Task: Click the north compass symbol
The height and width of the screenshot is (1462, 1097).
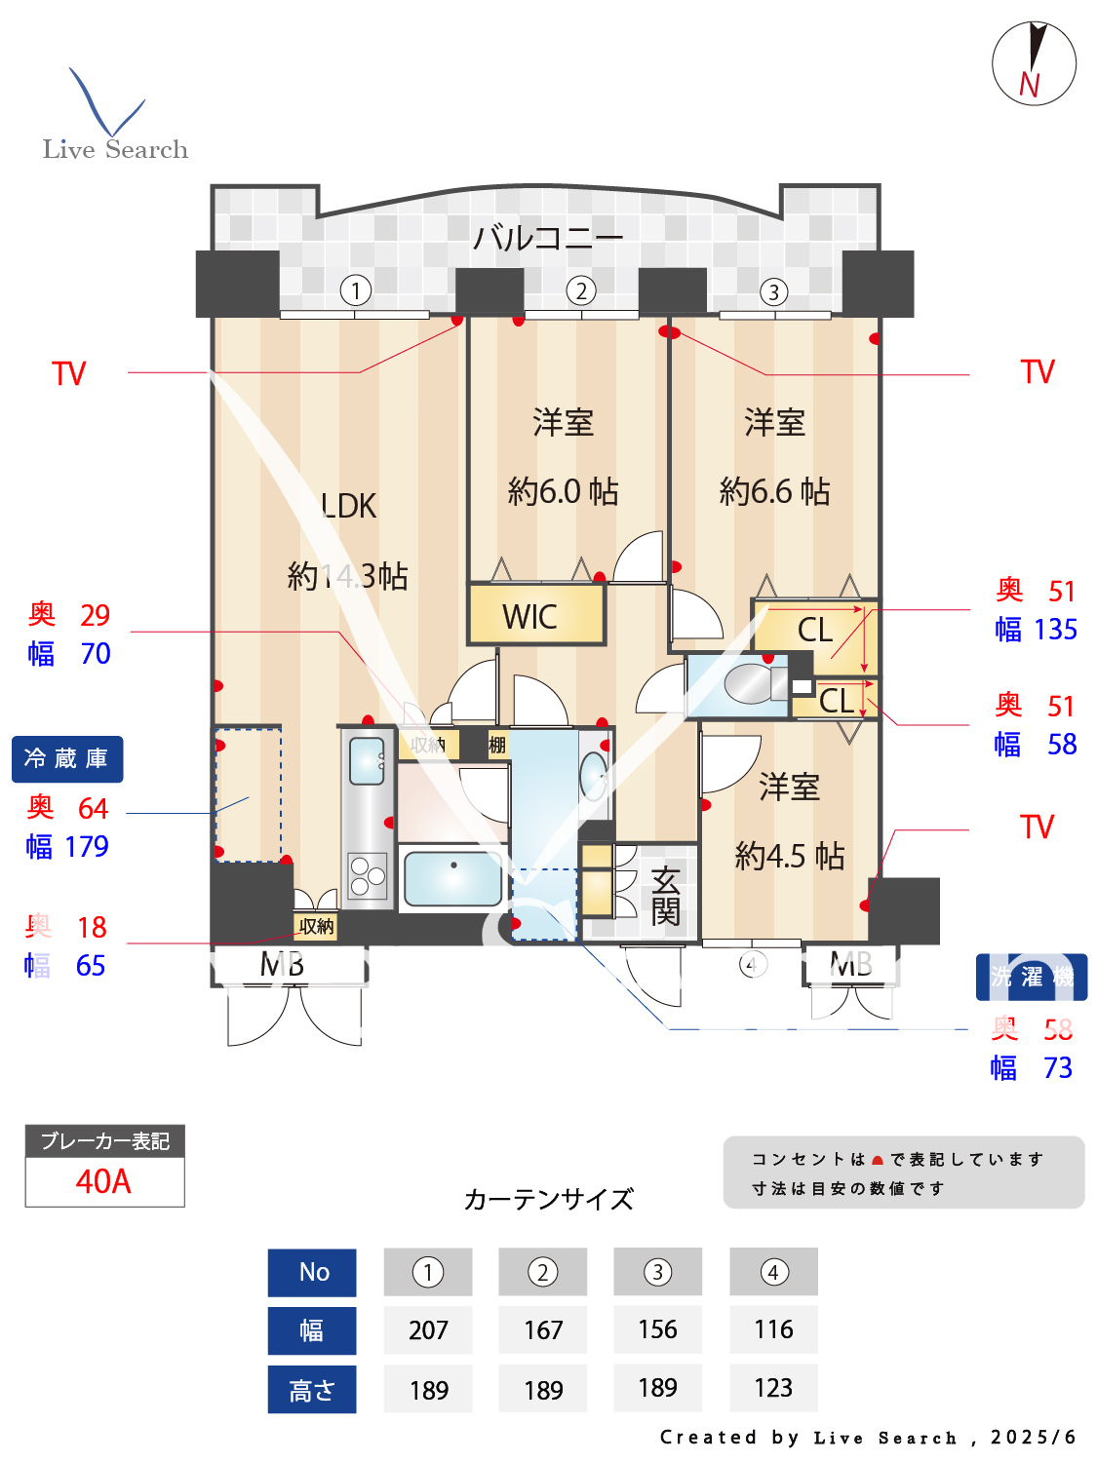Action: pyautogui.click(x=1034, y=63)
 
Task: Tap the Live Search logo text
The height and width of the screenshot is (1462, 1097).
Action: pyautogui.click(x=115, y=149)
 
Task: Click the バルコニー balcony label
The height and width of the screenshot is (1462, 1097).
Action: pyautogui.click(x=547, y=237)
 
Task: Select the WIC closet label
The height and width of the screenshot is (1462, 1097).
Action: pyautogui.click(x=530, y=617)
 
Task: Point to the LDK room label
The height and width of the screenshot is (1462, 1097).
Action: pyautogui.click(x=348, y=506)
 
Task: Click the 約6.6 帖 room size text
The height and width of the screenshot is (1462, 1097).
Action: pyautogui.click(x=774, y=491)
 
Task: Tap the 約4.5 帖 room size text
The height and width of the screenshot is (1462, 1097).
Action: pyautogui.click(x=789, y=856)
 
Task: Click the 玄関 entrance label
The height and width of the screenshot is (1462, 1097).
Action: pyautogui.click(x=665, y=896)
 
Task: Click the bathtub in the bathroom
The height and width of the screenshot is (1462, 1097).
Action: pyautogui.click(x=452, y=878)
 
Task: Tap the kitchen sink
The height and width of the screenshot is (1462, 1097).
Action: pyautogui.click(x=368, y=760)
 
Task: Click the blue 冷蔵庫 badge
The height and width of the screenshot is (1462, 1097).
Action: pyautogui.click(x=67, y=758)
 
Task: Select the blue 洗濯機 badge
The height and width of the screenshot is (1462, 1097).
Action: pyautogui.click(x=1031, y=977)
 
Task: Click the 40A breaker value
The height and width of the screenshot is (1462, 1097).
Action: pyautogui.click(x=103, y=1181)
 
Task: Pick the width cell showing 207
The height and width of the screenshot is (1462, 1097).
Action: pyautogui.click(x=428, y=1329)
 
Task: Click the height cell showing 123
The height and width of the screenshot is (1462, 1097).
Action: pyautogui.click(x=773, y=1388)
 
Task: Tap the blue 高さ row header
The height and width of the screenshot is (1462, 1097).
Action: pyautogui.click(x=312, y=1389)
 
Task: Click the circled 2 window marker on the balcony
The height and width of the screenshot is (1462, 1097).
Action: pyautogui.click(x=581, y=290)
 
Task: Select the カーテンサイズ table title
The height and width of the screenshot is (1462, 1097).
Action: pyautogui.click(x=548, y=1199)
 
